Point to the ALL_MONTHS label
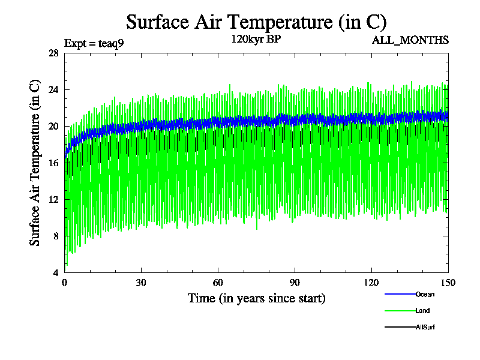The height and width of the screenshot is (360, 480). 410,40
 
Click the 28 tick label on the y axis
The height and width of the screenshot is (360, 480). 53,53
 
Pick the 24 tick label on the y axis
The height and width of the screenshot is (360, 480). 53,90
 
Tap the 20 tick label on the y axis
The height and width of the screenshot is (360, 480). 53,127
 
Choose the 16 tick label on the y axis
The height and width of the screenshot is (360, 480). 53,163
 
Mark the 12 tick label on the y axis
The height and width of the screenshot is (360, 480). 53,200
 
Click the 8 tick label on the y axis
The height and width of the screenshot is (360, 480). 55,236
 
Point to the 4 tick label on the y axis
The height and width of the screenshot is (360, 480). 55,273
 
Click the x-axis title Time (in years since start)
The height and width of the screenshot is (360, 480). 256,298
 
